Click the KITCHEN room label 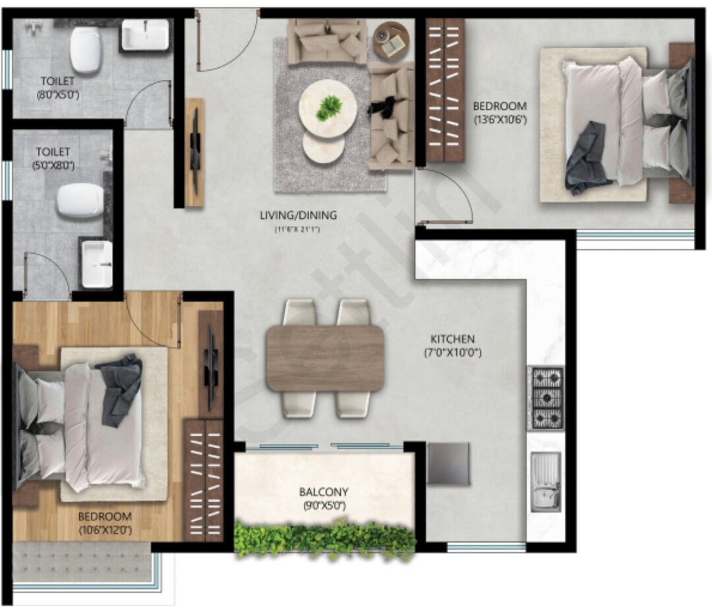tap(454, 339)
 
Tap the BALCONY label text tap(324, 492)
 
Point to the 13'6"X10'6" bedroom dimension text tap(500, 119)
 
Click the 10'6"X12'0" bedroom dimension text tap(105, 529)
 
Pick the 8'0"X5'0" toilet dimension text tap(59, 94)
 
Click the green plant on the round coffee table tap(328, 107)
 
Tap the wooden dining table tap(325, 358)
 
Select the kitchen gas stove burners tap(547, 398)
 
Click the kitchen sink tap(546, 481)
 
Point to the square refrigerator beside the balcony tap(448, 464)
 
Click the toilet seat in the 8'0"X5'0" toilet tap(85, 50)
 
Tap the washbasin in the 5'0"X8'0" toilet tap(97, 264)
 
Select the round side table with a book tap(392, 41)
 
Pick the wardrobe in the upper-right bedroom tap(445, 90)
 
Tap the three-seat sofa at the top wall tap(327, 42)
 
